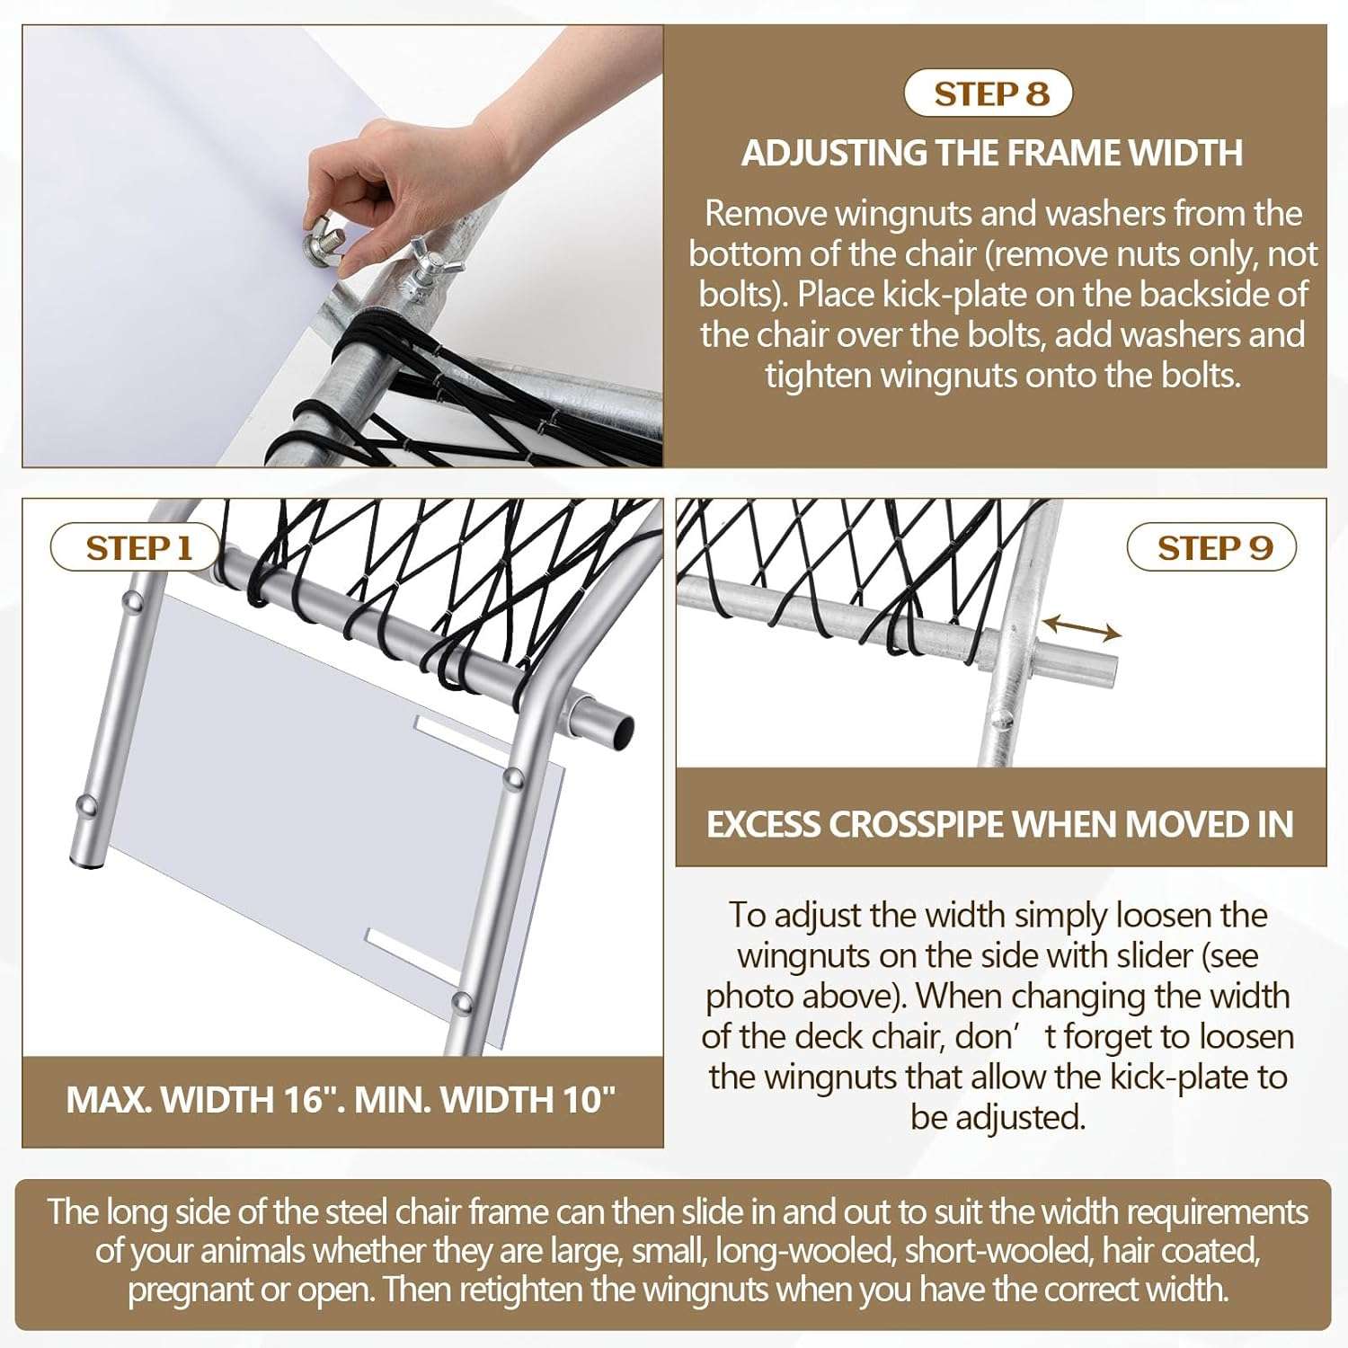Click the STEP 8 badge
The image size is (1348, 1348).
click(x=989, y=93)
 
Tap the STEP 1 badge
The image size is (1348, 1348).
click(x=135, y=547)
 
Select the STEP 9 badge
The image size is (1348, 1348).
click(x=1211, y=547)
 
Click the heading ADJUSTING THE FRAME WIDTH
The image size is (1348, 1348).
click(x=992, y=153)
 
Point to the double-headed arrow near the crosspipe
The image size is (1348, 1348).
click(x=1082, y=627)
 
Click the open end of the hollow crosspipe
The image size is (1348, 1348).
click(x=616, y=728)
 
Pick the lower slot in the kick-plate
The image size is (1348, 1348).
click(x=409, y=954)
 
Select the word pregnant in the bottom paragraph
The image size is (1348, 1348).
click(x=190, y=1290)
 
